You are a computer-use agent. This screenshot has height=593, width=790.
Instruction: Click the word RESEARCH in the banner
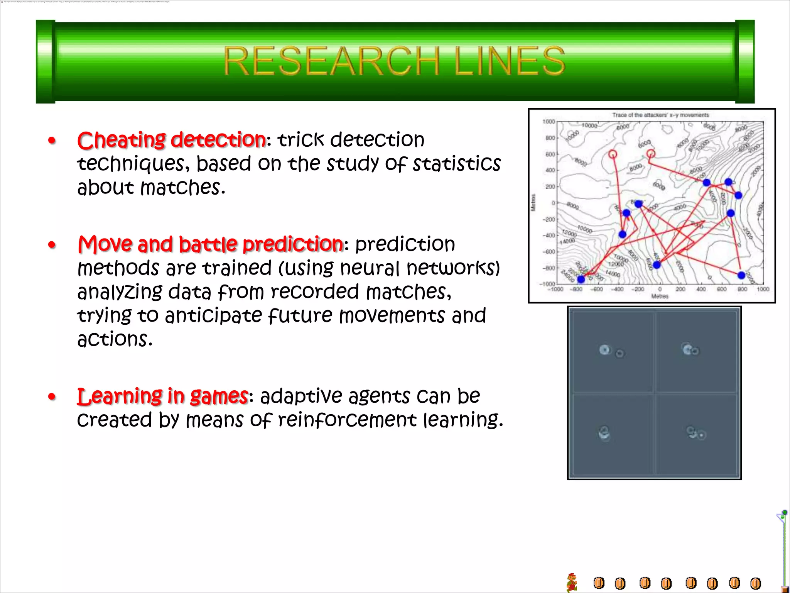(331, 61)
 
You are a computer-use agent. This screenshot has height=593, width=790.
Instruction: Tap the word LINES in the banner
(509, 61)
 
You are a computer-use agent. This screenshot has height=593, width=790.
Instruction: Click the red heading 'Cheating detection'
(171, 140)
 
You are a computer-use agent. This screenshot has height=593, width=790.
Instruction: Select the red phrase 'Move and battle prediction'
(210, 244)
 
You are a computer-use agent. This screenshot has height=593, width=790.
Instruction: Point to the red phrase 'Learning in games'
(162, 396)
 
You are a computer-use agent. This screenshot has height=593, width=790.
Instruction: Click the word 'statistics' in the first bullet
(456, 164)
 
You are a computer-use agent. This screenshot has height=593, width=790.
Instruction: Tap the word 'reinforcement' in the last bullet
(347, 420)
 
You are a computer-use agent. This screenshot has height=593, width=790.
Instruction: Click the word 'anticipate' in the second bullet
(213, 316)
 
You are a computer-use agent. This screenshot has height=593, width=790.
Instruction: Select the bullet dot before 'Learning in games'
(52, 397)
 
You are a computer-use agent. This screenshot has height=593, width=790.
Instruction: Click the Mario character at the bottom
(572, 583)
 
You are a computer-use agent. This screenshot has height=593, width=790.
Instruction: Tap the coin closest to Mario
(599, 583)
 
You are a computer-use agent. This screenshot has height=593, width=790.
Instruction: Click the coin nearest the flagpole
(755, 583)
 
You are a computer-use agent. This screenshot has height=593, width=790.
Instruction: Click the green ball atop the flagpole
(785, 512)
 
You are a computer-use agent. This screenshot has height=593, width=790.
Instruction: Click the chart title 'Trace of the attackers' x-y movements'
(660, 115)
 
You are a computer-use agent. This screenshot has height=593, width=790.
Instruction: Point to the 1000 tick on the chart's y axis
(549, 122)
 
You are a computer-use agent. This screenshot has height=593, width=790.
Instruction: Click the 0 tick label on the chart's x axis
(660, 289)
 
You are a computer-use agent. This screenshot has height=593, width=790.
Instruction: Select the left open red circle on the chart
(613, 154)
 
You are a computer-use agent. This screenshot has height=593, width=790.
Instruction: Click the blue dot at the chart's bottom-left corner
(581, 279)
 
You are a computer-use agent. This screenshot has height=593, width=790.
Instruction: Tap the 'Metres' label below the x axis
(660, 296)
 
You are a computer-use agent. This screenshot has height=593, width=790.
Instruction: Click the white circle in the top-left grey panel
(604, 350)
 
